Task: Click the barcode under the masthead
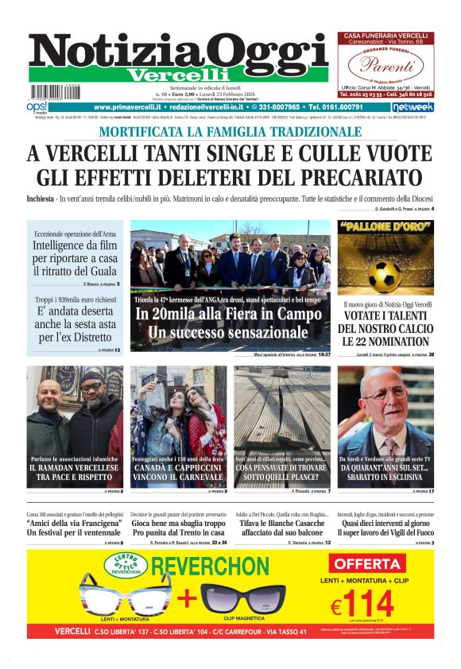pyautogui.click(x=54, y=93)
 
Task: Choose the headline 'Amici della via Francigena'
pyautogui.click(x=75, y=526)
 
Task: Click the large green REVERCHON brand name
pyautogui.click(x=210, y=567)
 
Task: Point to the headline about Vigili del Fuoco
pyautogui.click(x=385, y=532)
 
